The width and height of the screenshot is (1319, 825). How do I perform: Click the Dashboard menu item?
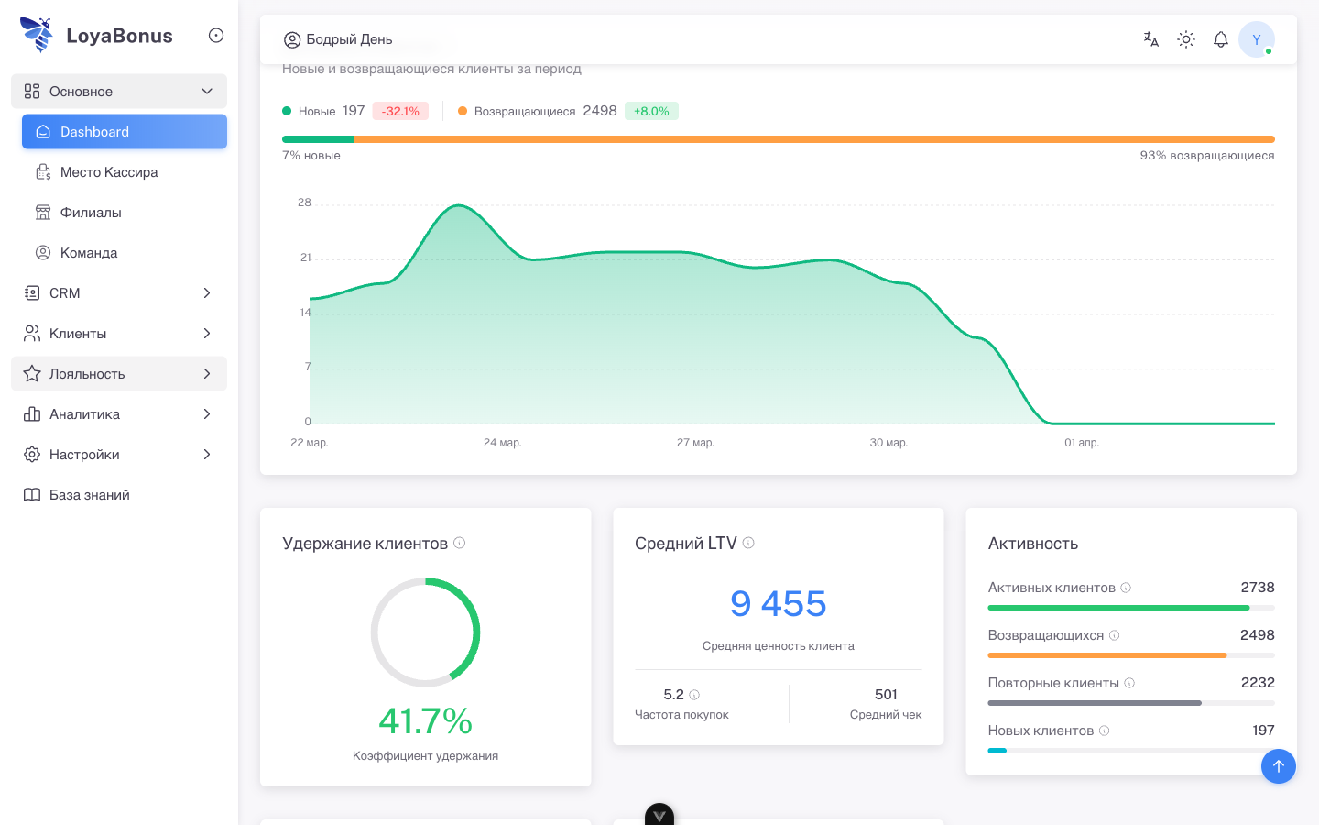tap(124, 132)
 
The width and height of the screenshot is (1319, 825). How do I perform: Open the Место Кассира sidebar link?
tap(108, 172)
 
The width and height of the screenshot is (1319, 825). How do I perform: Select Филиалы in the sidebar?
tap(90, 213)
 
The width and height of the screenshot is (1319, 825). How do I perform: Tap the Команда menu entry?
tap(88, 253)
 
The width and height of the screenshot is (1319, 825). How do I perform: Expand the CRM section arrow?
tap(207, 293)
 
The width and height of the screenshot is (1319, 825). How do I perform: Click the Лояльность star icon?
tap(32, 374)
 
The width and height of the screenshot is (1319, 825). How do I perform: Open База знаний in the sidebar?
tap(89, 495)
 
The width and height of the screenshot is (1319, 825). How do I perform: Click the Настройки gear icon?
tap(32, 455)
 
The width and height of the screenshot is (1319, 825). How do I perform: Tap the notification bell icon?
tap(1220, 39)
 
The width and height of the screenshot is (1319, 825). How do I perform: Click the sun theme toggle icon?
tap(1186, 39)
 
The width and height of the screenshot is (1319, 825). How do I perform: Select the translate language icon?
tap(1151, 39)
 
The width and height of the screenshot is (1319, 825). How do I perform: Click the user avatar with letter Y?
tap(1256, 39)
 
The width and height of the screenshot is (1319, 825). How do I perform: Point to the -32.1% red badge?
tap(400, 111)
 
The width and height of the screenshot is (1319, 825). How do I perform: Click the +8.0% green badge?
tap(651, 111)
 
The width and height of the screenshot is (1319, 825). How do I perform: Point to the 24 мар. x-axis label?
tap(502, 443)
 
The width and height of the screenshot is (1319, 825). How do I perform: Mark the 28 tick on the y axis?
tap(304, 203)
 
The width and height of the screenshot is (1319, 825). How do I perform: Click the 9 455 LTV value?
tap(778, 604)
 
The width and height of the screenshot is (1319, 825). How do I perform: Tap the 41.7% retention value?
tap(425, 721)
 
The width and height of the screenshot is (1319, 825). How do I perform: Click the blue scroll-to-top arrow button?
tap(1278, 766)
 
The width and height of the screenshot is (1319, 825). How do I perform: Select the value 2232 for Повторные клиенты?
tap(1257, 683)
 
